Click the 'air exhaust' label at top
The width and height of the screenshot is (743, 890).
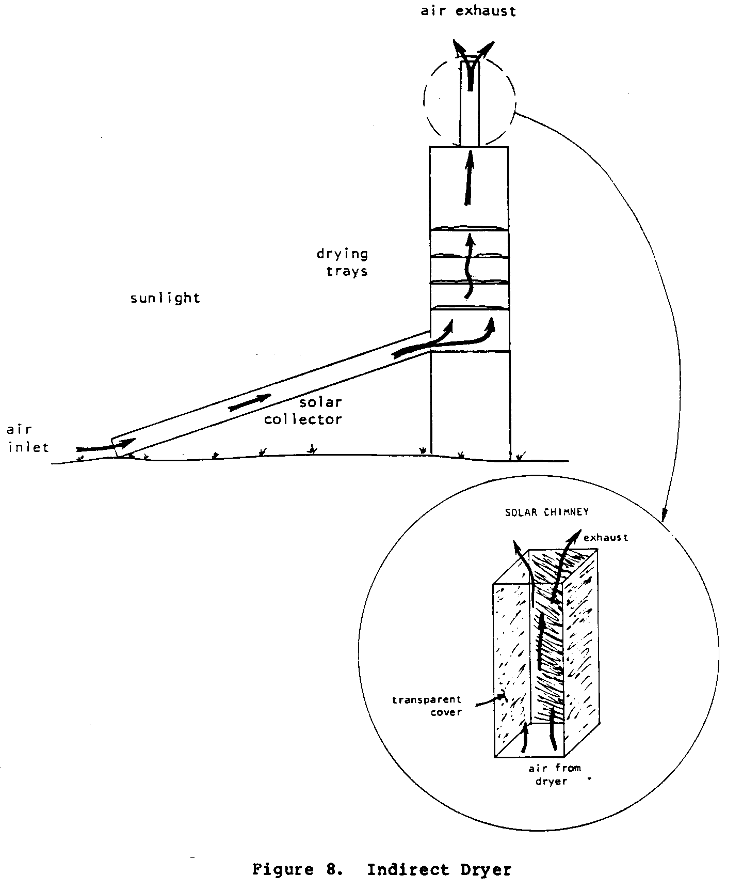click(x=468, y=11)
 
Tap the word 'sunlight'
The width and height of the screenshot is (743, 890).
click(x=165, y=299)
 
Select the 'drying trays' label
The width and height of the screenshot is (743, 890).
click(x=343, y=262)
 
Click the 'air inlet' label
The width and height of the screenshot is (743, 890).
click(x=27, y=438)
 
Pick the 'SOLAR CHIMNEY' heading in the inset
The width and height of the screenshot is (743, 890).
click(x=547, y=512)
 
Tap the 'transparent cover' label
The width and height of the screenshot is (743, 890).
click(x=427, y=706)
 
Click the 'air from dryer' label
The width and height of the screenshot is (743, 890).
click(x=554, y=775)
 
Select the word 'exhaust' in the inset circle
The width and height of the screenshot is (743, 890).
click(x=606, y=538)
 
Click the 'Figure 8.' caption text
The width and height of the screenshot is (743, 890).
click(x=298, y=870)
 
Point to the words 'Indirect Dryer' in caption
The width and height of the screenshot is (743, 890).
click(x=439, y=870)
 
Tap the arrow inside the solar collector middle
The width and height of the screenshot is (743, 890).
click(x=250, y=402)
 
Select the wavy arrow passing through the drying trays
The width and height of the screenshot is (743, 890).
click(x=469, y=266)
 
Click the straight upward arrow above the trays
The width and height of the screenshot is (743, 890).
click(x=469, y=178)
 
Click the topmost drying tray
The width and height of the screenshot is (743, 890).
click(x=469, y=228)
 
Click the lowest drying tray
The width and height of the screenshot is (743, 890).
click(x=469, y=308)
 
